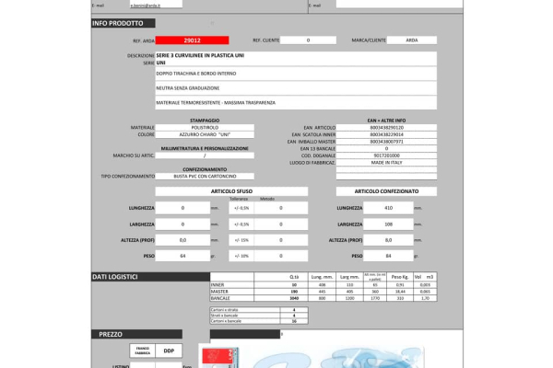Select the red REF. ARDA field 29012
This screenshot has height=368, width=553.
(x=192, y=40)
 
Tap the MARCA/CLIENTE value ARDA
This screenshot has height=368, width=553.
(x=411, y=40)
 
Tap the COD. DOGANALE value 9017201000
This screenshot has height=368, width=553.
(x=386, y=155)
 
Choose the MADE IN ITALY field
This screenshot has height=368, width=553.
(x=386, y=162)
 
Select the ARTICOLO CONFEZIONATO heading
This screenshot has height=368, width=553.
(x=386, y=191)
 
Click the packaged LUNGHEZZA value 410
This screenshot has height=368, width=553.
(x=388, y=208)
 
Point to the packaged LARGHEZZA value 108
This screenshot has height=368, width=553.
(x=388, y=224)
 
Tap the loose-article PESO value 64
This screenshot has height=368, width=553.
(x=182, y=255)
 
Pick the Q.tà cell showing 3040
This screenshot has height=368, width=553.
(x=294, y=298)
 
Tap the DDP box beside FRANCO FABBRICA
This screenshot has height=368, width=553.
(x=168, y=351)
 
